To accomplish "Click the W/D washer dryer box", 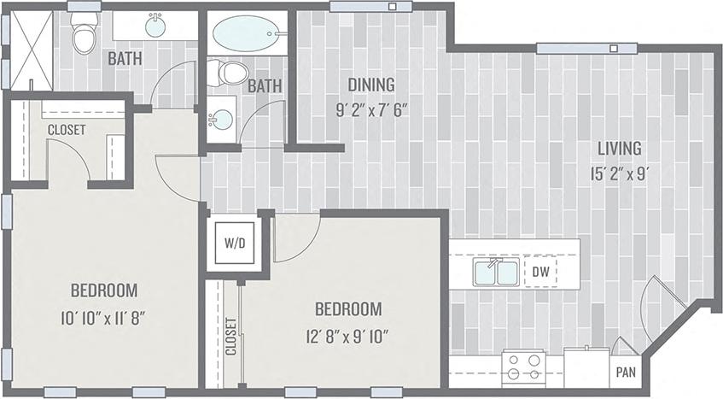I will (x=235, y=243).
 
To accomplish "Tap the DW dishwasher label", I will (x=539, y=272).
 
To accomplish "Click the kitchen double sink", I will (x=496, y=273).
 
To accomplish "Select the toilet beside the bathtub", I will (x=228, y=73).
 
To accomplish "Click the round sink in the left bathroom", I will (x=155, y=26).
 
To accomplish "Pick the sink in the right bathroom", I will (x=221, y=118).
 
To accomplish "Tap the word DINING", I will (x=370, y=85).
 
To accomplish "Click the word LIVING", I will (x=620, y=149).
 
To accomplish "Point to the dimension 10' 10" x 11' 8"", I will (x=103, y=319).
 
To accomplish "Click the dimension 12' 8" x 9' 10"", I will (x=347, y=334).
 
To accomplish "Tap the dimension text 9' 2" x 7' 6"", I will (x=371, y=109).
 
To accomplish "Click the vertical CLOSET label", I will (x=231, y=337).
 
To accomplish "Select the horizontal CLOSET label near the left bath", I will (x=67, y=130).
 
